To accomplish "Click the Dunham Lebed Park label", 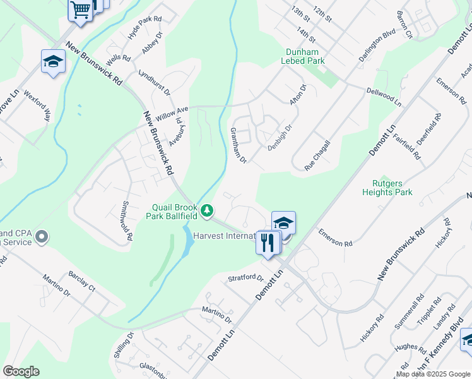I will tap(305, 56).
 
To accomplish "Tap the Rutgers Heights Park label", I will tap(388, 188).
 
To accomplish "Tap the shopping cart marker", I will tap(81, 10).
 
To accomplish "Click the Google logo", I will tap(21, 371).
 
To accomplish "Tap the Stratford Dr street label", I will tap(245, 278).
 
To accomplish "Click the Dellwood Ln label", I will tap(384, 95).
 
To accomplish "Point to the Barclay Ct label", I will tap(82, 283).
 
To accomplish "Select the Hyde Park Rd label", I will tap(145, 28).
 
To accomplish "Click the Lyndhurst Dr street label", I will tap(155, 82).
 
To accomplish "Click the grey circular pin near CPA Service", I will tap(42, 237).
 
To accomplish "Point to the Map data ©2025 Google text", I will tap(432, 374).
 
